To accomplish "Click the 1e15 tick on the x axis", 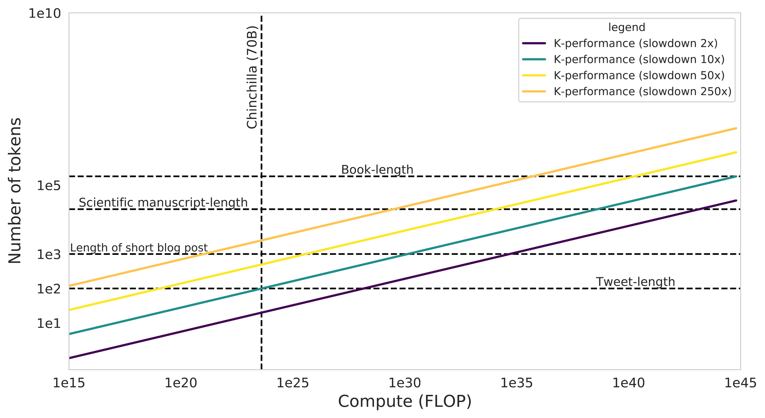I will tap(69, 383).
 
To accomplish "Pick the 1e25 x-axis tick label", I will tap(292, 383).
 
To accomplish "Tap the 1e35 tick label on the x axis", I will tap(517, 383).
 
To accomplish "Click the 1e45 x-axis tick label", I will tap(740, 383).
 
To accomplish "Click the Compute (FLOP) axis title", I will tap(405, 401).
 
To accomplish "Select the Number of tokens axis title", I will tap(15, 191).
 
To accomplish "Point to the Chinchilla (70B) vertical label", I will tap(252, 77).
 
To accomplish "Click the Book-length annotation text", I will tap(377, 170).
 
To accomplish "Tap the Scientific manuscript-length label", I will tap(163, 203).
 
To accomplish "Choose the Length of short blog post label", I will tap(139, 248).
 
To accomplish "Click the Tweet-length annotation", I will tap(635, 282).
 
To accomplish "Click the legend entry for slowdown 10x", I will tap(639, 59).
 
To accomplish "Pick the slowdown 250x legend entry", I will tap(642, 92).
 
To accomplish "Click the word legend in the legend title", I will tap(626, 27).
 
